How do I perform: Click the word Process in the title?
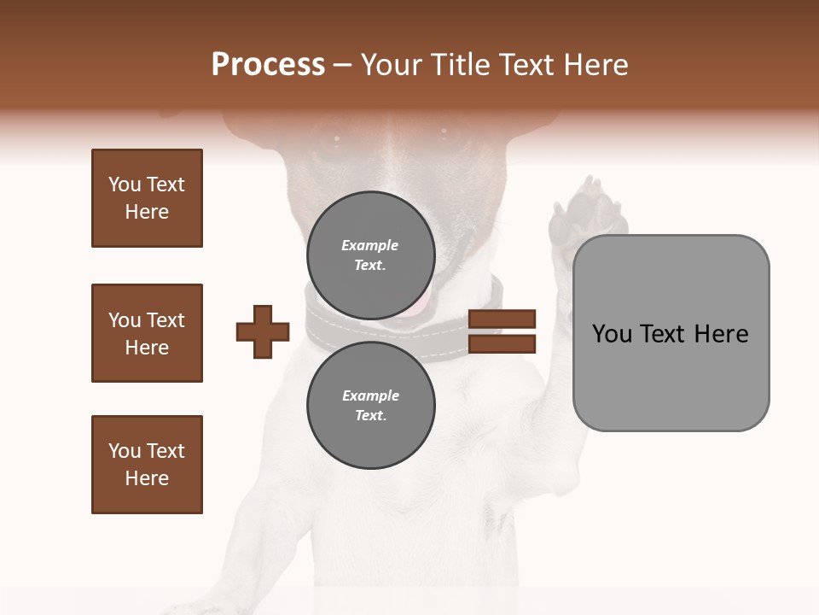coord(268,65)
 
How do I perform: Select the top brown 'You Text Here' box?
coord(147,198)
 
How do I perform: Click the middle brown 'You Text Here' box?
coord(147,333)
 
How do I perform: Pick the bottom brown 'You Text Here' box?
coord(147,465)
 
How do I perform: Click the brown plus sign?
coord(263,331)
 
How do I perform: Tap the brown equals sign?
coord(502,331)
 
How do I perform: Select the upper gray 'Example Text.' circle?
coord(370,255)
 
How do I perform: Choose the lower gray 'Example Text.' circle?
coord(370,405)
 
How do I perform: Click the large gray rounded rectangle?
coord(671,332)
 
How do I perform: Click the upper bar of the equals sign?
coord(502,319)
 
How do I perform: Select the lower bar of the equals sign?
coord(502,344)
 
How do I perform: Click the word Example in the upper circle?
coord(370,245)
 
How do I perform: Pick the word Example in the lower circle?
coord(370,395)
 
